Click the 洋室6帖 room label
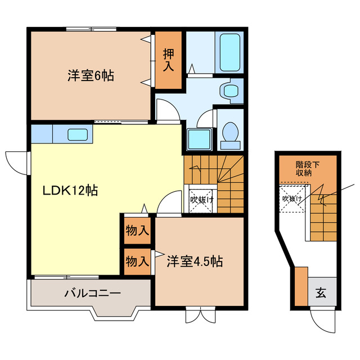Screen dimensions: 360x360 coord(92,75)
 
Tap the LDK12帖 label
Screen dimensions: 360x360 coord(70,191)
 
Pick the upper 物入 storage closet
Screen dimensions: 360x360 coord(137,230)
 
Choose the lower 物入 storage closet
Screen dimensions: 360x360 coord(137,261)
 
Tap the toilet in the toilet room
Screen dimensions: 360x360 coord(230,134)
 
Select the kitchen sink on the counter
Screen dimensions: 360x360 coord(77,134)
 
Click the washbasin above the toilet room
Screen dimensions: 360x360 coord(229,90)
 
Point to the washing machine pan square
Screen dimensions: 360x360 coord(199,138)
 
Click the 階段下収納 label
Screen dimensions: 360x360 coord(308,168)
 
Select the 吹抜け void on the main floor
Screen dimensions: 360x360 coord(200,199)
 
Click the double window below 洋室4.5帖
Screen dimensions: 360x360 coord(201,314)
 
